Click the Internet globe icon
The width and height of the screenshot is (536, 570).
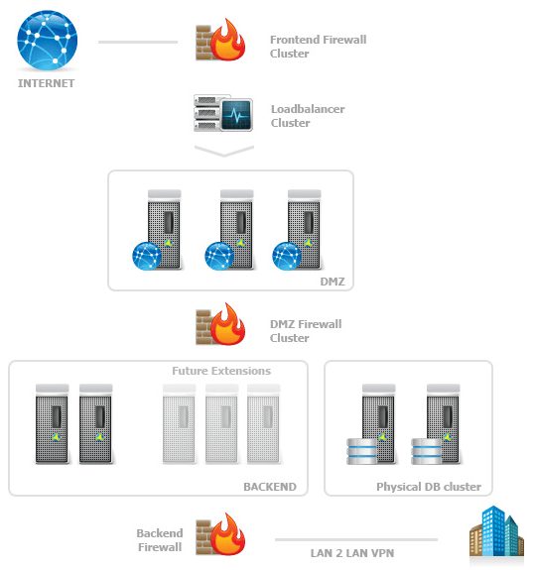pyautogui.click(x=47, y=41)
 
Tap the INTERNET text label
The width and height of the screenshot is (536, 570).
pyautogui.click(x=47, y=84)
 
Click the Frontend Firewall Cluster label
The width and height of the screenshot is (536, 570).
pyautogui.click(x=318, y=47)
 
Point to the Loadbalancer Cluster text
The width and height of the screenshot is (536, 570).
pyautogui.click(x=308, y=116)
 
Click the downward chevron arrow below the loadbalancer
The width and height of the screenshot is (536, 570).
pyautogui.click(x=225, y=151)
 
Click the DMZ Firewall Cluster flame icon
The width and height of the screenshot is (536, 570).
pyautogui.click(x=219, y=327)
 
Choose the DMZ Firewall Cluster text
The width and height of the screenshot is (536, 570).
pyautogui.click(x=306, y=331)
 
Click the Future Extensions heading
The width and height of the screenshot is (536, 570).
pyautogui.click(x=221, y=371)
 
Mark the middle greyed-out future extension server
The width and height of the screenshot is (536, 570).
pyautogui.click(x=221, y=423)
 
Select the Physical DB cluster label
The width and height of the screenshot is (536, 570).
pyautogui.click(x=429, y=487)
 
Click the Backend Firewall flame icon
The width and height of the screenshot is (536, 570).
pyautogui.click(x=219, y=538)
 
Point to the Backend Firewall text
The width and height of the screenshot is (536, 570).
pyautogui.click(x=159, y=540)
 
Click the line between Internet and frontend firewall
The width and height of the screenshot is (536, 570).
pyautogui.click(x=137, y=43)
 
